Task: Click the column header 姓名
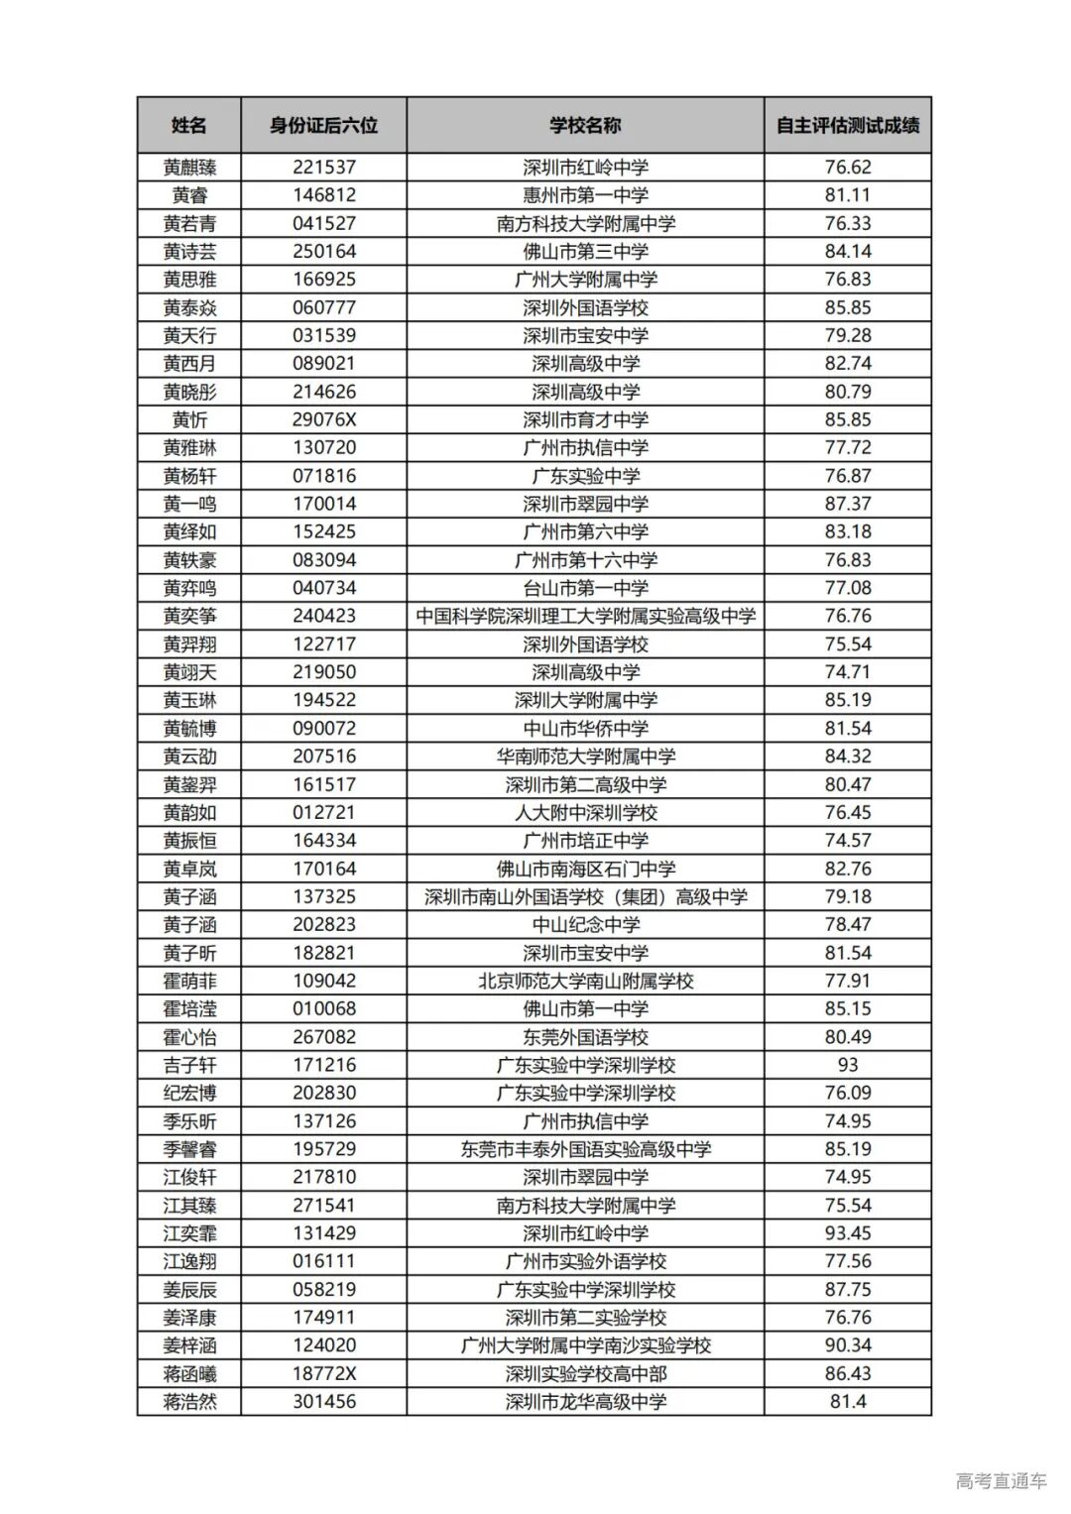[188, 125]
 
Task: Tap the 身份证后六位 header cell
[323, 125]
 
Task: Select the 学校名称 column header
[585, 125]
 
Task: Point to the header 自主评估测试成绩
[847, 125]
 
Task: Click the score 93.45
[848, 1233]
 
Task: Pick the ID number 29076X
[323, 419]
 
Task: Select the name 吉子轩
[188, 1065]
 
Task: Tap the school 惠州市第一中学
[585, 195]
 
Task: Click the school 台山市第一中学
[585, 588]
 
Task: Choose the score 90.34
[848, 1345]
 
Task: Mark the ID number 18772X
[323, 1373]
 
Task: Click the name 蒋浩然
[188, 1401]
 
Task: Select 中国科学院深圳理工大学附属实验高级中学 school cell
[585, 616]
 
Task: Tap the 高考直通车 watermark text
[1001, 1481]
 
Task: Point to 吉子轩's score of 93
[848, 1065]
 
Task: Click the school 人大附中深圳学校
[585, 812]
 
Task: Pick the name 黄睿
[188, 195]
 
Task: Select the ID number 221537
[323, 167]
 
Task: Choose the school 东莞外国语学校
[585, 1037]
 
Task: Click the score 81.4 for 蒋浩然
[848, 1401]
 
